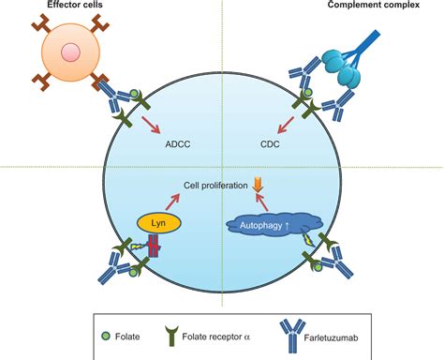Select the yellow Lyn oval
coord(157,224)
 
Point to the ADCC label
coord(177,145)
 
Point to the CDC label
coord(272,145)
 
